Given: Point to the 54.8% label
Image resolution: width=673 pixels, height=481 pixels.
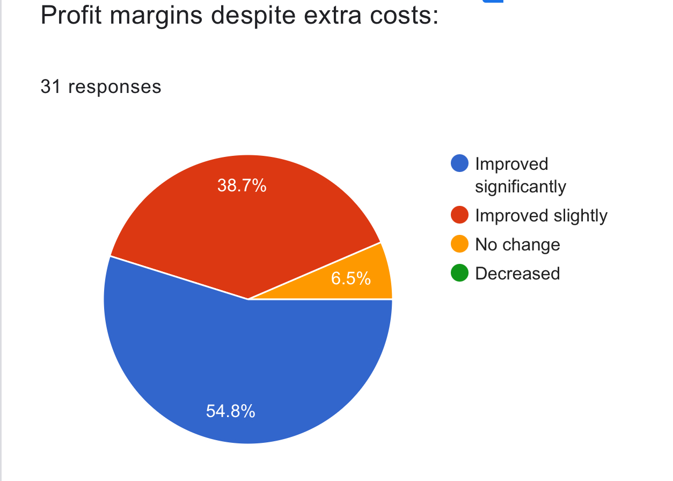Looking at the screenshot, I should pos(230,412).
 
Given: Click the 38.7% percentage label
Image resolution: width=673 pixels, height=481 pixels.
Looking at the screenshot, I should pos(242,185).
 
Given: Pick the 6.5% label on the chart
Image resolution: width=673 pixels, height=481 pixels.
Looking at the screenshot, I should pos(350,278).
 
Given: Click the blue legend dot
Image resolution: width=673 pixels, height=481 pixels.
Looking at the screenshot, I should pos(460,164).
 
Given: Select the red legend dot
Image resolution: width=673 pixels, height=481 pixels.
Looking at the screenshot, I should pos(460,216).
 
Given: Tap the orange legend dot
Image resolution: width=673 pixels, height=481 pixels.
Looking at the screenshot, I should pos(460,245).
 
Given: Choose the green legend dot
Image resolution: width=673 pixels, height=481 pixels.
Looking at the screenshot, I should pos(460,274).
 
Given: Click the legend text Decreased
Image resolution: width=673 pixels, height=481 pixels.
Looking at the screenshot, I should pos(517,274).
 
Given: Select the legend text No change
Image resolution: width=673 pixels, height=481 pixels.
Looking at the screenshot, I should pos(517,245).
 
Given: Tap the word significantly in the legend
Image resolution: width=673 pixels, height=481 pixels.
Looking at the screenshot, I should pos(521,186).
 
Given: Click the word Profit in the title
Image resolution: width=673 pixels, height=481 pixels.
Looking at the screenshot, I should pos(68,16).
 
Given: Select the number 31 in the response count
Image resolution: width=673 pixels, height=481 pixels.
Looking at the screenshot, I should pos(50,86).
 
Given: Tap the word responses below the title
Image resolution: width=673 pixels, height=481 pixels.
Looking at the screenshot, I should pos(114,87).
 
